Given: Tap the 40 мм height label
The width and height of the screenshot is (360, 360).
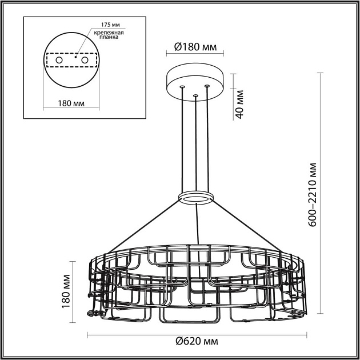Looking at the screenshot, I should click(241, 103).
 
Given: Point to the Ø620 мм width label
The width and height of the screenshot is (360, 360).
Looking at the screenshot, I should click(195, 341).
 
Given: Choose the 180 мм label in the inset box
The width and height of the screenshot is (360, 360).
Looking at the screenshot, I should click(71, 103).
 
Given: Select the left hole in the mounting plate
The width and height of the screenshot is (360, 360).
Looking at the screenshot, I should click(59, 60).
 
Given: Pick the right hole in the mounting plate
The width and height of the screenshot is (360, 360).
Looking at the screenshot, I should click(85, 60).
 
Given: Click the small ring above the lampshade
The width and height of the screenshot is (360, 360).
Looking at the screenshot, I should click(195, 197).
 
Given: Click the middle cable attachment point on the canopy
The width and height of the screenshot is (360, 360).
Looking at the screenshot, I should click(195, 95).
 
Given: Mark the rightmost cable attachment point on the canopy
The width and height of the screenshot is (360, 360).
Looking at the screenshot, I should click(207, 86).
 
